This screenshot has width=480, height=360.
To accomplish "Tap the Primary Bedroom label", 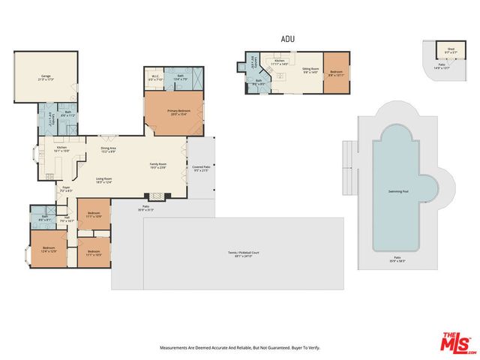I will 178,112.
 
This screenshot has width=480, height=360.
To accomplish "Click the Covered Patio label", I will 200,168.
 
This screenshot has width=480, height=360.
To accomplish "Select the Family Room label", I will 157,165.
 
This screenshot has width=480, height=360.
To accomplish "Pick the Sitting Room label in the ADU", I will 311,70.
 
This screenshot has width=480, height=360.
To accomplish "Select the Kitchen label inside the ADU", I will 279,61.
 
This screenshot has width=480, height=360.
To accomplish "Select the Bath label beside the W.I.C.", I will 181,76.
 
